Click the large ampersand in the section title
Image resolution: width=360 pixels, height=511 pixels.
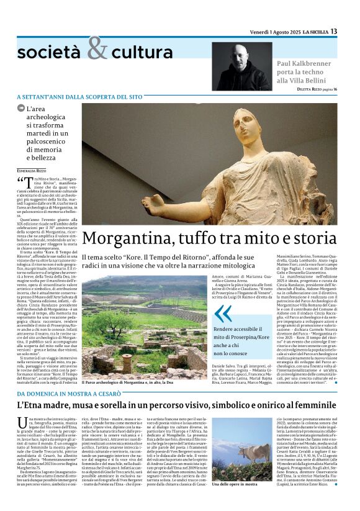[x=97, y=48]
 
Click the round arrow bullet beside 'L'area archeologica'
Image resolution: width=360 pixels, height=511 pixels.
[x=22, y=108]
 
